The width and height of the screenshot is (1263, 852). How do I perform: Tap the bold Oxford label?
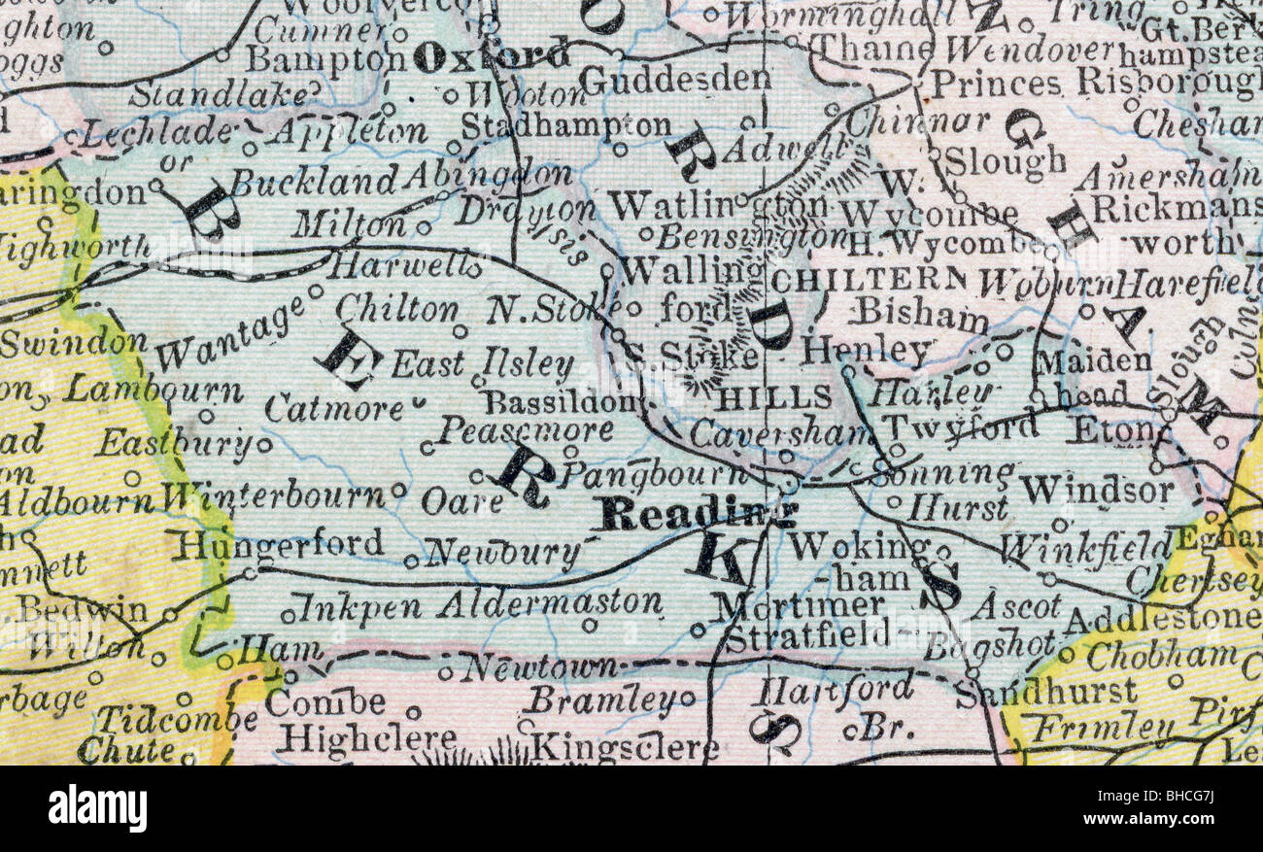(x=491, y=56)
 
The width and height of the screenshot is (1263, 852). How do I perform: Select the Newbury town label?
(x=503, y=554)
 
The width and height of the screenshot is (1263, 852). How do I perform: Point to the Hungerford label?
(x=279, y=544)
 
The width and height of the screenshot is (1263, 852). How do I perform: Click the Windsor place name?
(x=1096, y=491)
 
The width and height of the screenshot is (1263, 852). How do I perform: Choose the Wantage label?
(x=229, y=336)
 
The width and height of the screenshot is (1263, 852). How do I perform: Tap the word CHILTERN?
(x=869, y=280)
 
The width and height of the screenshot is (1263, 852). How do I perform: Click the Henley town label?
(x=866, y=352)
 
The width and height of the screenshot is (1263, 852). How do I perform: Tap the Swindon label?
(x=74, y=342)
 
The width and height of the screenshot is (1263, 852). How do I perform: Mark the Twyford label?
(x=946, y=426)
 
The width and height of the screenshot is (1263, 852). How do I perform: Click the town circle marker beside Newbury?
(x=411, y=561)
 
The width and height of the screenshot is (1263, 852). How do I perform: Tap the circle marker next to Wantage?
(x=315, y=290)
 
